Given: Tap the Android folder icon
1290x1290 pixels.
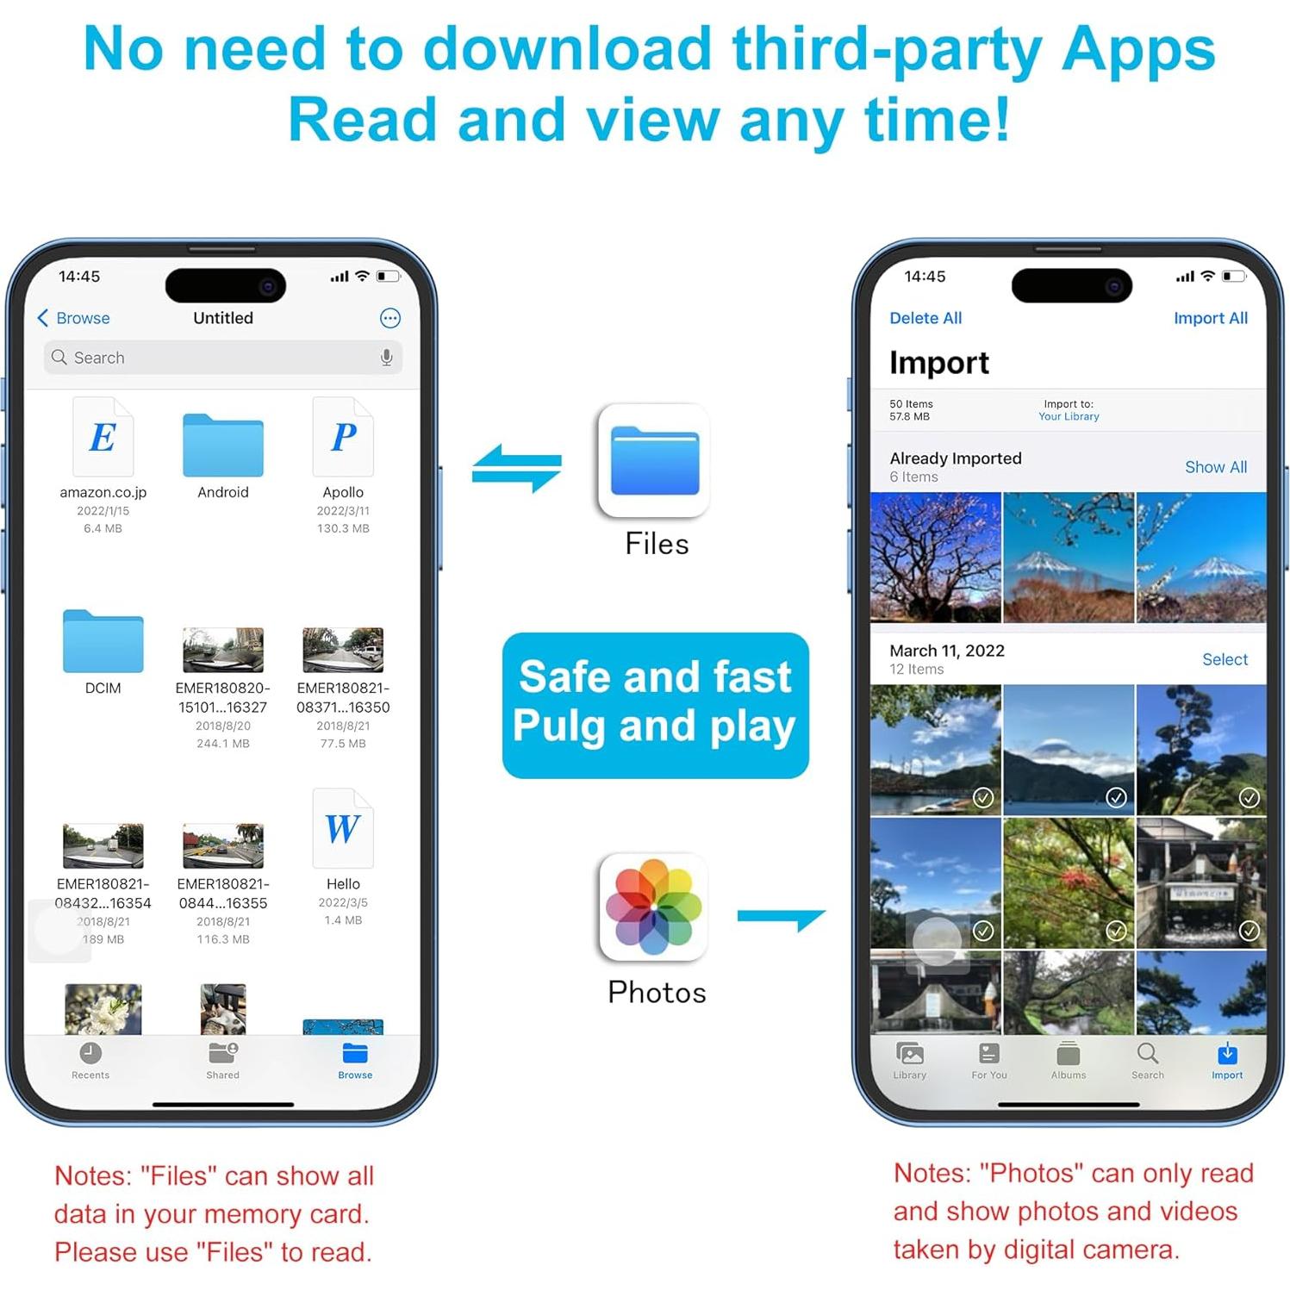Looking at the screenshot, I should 222,446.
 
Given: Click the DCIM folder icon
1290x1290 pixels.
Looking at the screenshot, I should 103,641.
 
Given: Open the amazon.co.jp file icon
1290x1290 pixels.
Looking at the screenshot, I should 103,437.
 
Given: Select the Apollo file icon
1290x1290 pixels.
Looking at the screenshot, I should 343,437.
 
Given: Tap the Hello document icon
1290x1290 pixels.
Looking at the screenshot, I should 343,828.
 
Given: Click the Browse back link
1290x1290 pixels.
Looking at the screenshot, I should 74,318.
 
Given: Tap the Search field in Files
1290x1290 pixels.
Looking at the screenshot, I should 215,358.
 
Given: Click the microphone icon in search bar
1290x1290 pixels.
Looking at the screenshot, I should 387,358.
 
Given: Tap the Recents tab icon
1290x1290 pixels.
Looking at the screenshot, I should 90,1053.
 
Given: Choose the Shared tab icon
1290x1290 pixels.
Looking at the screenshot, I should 222,1053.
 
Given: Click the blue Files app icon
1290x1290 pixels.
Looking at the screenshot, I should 654,461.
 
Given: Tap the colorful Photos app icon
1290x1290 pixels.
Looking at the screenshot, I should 654,907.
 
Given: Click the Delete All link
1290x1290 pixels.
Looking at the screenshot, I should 925,318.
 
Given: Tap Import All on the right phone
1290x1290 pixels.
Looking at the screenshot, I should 1210,318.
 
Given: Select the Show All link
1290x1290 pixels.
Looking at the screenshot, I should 1215,467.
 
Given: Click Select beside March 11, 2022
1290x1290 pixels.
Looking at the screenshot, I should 1225,659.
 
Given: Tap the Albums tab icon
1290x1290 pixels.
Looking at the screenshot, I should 1069,1054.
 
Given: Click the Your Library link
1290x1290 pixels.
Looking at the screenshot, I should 1069,417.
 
